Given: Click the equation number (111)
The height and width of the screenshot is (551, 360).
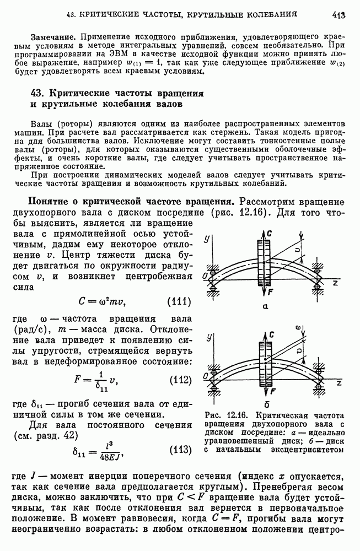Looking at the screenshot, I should [179, 301].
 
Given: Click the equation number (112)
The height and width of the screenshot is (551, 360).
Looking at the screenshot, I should [179, 380].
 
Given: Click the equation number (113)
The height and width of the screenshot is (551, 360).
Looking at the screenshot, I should [179, 450].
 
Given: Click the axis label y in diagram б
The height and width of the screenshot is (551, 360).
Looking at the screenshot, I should [206, 342].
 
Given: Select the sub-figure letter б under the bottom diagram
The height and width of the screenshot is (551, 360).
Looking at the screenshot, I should [265, 404].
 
